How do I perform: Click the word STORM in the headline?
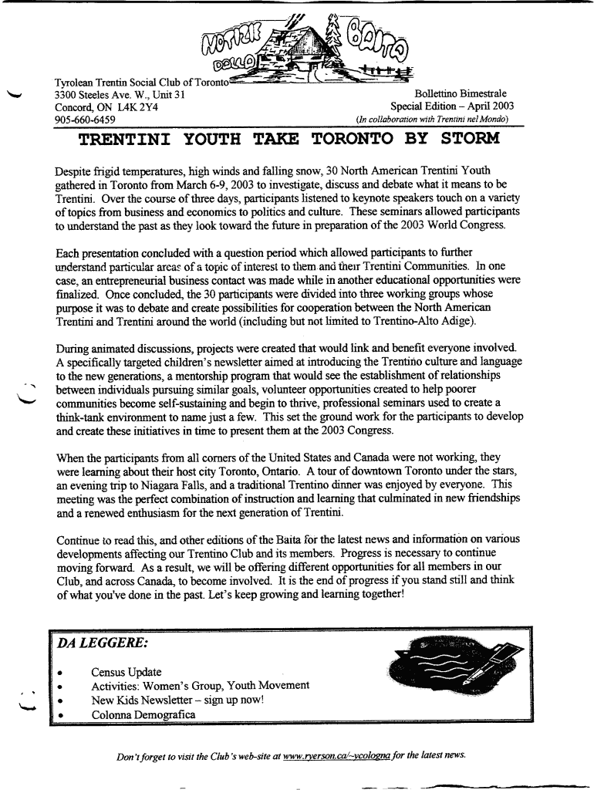coord(470,139)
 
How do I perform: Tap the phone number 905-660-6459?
coord(85,120)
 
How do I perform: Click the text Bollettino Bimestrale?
coord(461,94)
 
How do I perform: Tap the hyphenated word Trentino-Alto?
coord(400,321)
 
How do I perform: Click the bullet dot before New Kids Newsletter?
coord(60,701)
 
